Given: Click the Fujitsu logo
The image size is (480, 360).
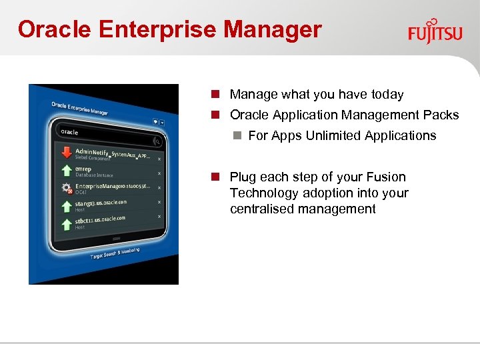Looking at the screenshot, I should (x=435, y=31).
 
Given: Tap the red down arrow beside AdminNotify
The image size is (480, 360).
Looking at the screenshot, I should (x=66, y=153).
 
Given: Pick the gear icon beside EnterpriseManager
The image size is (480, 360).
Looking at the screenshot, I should (x=66, y=188).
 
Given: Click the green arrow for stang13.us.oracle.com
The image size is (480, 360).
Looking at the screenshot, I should (x=66, y=205).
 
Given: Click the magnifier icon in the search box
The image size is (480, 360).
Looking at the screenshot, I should (x=157, y=141).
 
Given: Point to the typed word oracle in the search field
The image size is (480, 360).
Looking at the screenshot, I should (x=69, y=132).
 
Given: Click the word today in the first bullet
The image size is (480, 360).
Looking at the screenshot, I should (x=387, y=95).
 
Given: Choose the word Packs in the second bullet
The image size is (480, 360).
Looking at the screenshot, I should (x=443, y=115).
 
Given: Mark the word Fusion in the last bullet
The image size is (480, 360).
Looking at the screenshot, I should (x=387, y=177).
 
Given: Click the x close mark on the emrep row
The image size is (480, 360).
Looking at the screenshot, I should (x=159, y=173).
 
